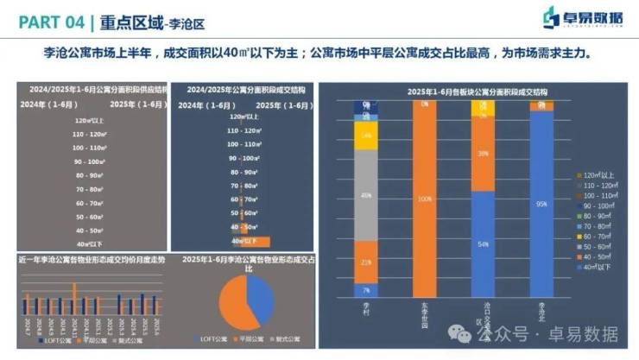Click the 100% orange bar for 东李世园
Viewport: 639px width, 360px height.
pos(424,199)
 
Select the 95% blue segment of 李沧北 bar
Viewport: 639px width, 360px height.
pos(541,205)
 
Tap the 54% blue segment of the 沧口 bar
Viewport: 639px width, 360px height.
pos(483,244)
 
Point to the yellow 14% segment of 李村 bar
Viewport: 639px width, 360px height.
pos(366,136)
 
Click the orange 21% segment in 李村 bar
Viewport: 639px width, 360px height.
pos(366,261)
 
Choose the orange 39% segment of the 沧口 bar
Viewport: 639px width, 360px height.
pos(483,154)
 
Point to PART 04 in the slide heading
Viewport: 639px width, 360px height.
pos(47,18)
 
